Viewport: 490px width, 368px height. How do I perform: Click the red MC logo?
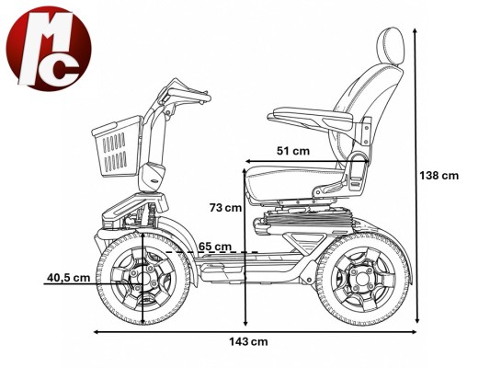(49, 49)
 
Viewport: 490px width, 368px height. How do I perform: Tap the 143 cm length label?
(248, 341)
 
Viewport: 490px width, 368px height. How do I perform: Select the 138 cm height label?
(439, 176)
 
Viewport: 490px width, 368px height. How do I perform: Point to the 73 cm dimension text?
(225, 208)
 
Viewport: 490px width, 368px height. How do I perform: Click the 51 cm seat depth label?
(293, 151)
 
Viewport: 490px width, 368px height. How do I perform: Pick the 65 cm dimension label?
(215, 247)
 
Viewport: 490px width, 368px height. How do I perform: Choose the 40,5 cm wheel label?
(68, 277)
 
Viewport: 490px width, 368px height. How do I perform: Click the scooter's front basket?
(117, 146)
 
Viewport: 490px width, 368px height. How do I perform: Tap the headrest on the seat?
(390, 46)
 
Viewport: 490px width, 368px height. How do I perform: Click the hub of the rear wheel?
(362, 279)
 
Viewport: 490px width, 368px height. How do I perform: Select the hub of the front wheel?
(143, 278)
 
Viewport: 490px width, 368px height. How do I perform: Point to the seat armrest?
(310, 119)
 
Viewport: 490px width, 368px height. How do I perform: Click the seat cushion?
(295, 183)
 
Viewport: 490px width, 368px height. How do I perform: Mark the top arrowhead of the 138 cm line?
(415, 30)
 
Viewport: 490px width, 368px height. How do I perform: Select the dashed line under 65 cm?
(211, 252)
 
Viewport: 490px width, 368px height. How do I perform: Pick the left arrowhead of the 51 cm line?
(248, 161)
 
